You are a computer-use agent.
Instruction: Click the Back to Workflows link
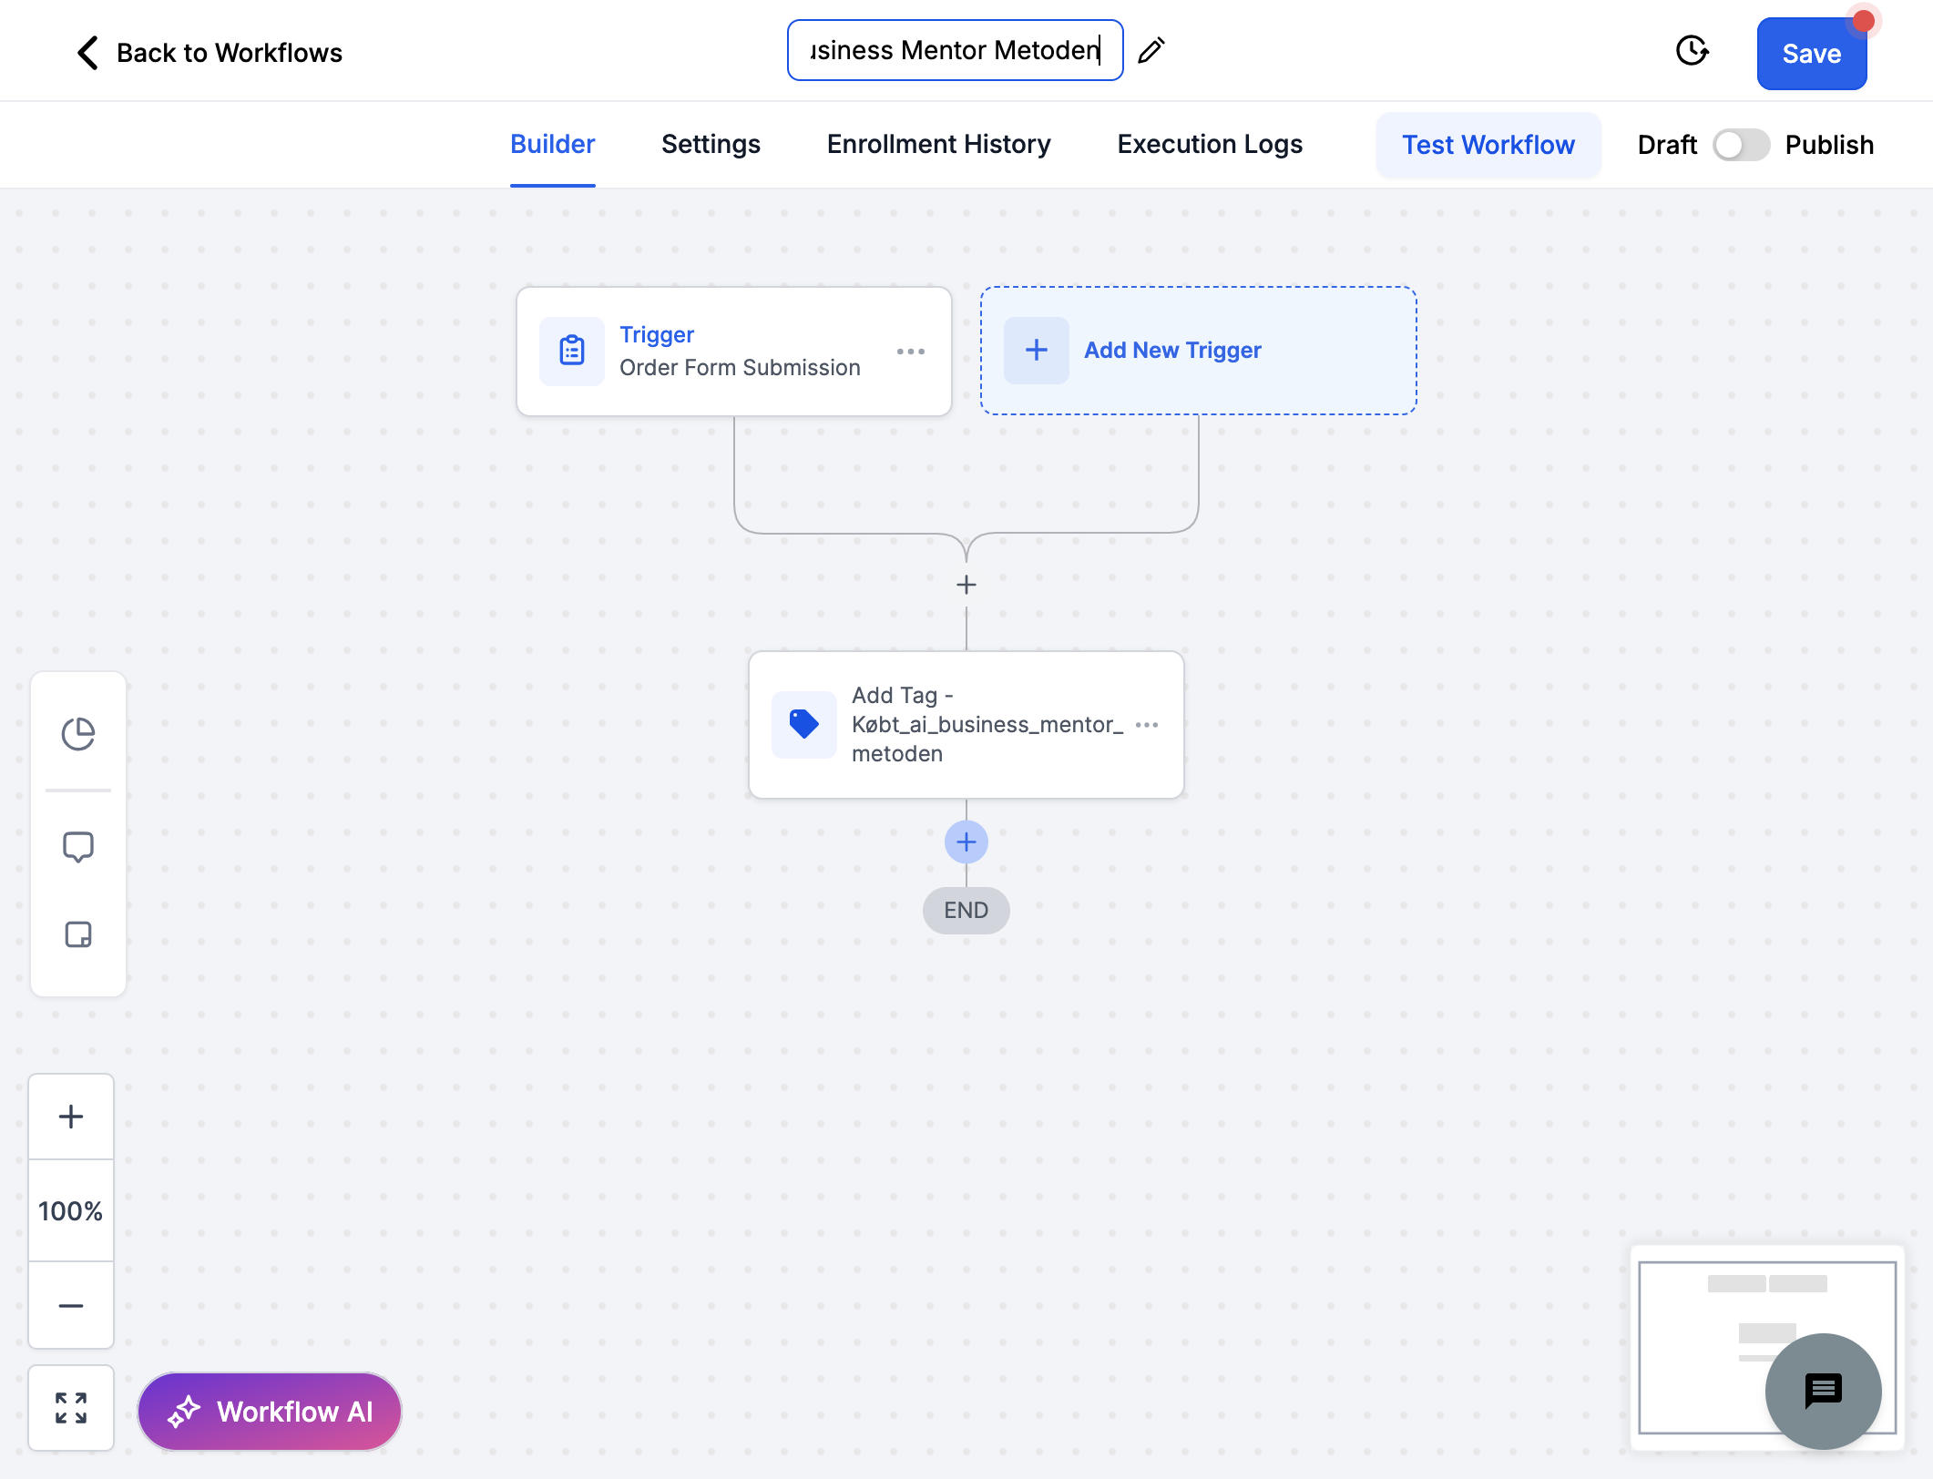210,53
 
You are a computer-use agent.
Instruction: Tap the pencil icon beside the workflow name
1151,50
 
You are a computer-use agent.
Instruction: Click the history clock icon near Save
1692,51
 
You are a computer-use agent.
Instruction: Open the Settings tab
711,144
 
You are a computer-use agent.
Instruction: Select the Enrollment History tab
938,144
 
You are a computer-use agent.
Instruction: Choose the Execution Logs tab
1210,144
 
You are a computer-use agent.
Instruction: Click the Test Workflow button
1488,145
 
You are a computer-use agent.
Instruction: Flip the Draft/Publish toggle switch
1741,145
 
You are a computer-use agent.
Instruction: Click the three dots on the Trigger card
910,352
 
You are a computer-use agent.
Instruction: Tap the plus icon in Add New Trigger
1037,351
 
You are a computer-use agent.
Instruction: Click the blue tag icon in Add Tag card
804,725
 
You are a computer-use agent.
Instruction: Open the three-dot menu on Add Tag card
1147,725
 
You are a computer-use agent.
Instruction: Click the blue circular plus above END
966,842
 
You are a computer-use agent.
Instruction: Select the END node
966,911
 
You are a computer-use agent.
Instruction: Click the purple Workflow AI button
270,1412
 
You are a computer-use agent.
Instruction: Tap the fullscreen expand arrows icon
71,1408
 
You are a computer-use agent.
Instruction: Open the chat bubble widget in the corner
1824,1392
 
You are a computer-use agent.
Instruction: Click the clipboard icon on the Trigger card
572,351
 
